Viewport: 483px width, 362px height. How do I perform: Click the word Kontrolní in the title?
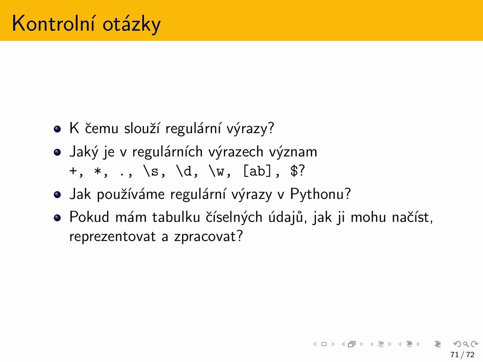click(x=54, y=23)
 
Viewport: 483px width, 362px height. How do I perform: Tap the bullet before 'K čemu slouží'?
click(x=57, y=129)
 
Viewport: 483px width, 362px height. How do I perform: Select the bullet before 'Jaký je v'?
click(x=57, y=152)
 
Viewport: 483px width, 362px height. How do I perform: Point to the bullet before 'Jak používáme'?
click(x=57, y=195)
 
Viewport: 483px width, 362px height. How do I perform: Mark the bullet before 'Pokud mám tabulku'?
click(x=57, y=218)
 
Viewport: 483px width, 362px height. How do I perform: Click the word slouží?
click(x=142, y=128)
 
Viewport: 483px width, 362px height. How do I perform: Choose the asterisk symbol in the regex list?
click(x=97, y=170)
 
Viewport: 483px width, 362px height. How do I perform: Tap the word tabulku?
click(x=176, y=217)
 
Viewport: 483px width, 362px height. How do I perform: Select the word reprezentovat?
click(x=112, y=237)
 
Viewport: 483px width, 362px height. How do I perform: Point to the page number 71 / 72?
click(x=462, y=355)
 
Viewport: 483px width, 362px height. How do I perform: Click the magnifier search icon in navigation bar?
click(x=466, y=344)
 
